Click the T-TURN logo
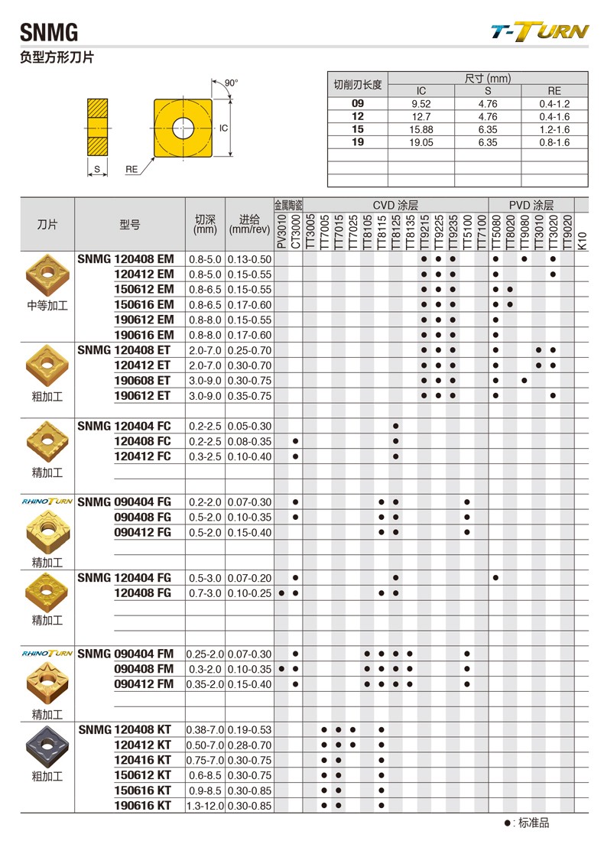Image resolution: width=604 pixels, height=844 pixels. [540, 31]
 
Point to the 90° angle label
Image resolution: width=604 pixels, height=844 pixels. [232, 83]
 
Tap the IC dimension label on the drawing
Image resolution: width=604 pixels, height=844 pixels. [224, 128]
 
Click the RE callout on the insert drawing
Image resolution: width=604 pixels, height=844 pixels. [132, 170]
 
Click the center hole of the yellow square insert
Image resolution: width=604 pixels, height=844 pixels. [184, 127]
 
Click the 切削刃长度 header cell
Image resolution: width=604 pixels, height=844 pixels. [358, 84]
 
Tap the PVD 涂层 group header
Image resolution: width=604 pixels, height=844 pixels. [531, 205]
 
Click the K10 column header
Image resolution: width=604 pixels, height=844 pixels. [581, 239]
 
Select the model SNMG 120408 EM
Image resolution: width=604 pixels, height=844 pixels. [126, 259]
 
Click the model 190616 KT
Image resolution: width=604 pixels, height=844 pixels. [143, 805]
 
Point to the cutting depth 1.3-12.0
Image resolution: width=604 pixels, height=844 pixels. [206, 805]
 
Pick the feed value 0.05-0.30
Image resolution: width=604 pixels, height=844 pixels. [250, 426]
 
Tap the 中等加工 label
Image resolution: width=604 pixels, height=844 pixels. [47, 305]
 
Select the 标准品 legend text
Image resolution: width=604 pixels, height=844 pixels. [534, 823]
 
